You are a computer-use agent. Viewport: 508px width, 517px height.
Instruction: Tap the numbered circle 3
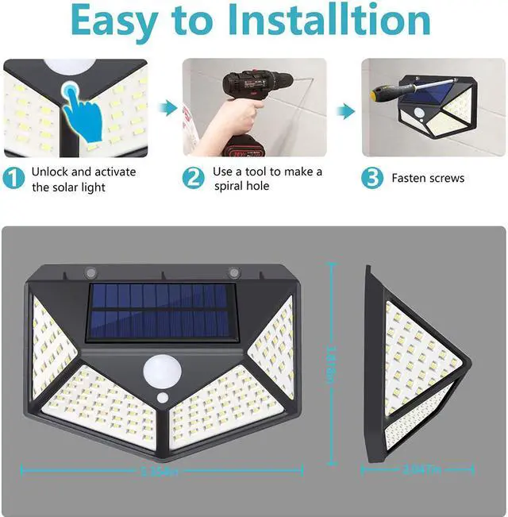pos(372,179)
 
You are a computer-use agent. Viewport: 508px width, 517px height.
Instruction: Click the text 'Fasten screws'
pos(428,179)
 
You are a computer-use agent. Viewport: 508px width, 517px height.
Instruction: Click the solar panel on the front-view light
pos(162,311)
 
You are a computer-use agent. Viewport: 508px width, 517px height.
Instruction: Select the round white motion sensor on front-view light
pos(161,370)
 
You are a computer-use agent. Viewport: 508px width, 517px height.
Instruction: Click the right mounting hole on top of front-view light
pos(233,272)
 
